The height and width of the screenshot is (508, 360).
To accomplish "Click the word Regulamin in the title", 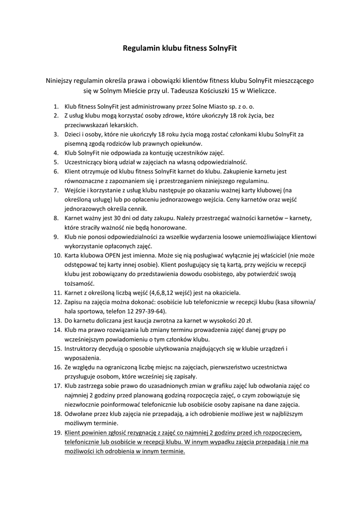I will [x=142, y=49].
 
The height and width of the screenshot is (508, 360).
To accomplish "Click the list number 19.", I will [x=57, y=433].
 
